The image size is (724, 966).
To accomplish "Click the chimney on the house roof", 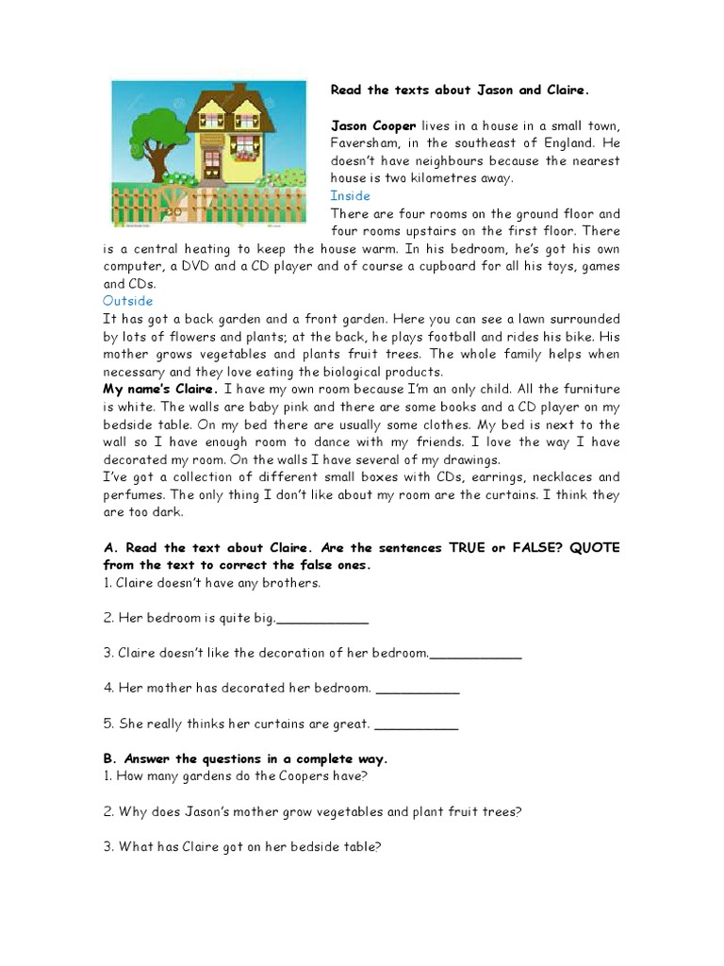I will tap(239, 91).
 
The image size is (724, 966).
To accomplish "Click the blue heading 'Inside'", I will tap(350, 196).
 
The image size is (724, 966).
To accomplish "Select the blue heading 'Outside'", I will tap(127, 302).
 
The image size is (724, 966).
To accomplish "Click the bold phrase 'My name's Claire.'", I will tap(160, 390).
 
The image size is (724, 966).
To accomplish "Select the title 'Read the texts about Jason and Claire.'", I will tap(459, 91).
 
